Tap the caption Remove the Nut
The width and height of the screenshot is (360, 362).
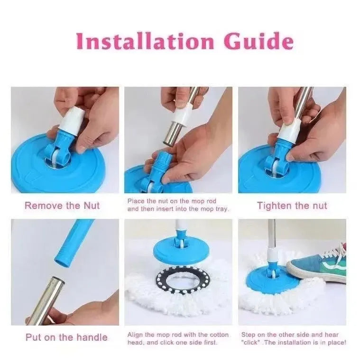[x=62, y=206]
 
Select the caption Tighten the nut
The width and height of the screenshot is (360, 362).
[x=292, y=206]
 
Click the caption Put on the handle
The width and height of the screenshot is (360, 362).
[x=66, y=337]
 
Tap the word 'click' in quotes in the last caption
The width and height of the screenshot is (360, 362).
[x=251, y=342]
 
